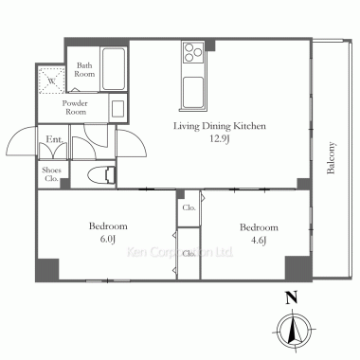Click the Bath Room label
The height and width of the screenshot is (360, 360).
[x=84, y=70]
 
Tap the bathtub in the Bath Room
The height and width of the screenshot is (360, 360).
[x=114, y=69]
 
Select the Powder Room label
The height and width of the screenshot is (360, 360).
[x=75, y=108]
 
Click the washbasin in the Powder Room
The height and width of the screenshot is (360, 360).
[x=118, y=108]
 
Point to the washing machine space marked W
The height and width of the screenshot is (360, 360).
[x=51, y=81]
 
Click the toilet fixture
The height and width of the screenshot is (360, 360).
[x=101, y=175]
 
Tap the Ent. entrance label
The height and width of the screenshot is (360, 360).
[x=54, y=139]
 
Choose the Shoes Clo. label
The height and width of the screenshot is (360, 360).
[x=51, y=174]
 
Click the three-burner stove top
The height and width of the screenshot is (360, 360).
[x=193, y=52]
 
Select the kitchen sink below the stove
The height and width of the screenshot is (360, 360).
[x=193, y=92]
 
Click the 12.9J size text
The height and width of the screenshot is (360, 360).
[x=220, y=139]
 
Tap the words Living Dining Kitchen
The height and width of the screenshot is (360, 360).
[x=220, y=126]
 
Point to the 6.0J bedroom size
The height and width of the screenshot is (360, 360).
[x=108, y=239]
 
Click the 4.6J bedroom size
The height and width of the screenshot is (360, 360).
[x=259, y=241]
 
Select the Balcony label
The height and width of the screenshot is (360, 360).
[x=331, y=158]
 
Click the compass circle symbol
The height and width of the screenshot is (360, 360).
[x=294, y=331]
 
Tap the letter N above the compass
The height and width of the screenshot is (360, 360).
[x=292, y=298]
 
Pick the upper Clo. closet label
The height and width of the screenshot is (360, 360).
[x=189, y=207]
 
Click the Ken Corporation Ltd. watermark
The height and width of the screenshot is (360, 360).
[x=180, y=252]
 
